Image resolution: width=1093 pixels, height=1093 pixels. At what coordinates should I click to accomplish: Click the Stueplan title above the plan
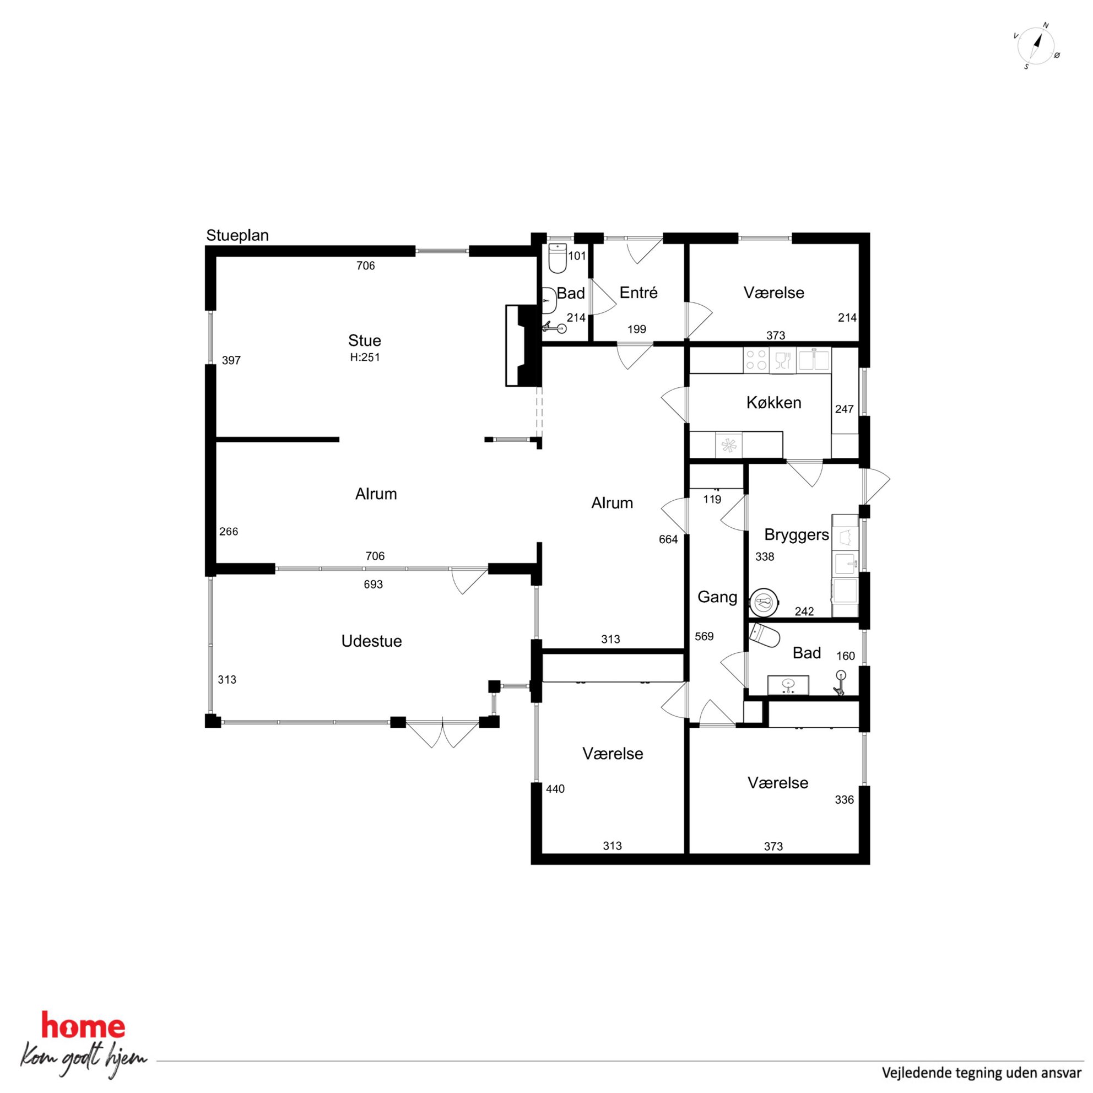tap(237, 235)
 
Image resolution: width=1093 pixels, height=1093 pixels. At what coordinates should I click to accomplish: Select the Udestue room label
tap(372, 641)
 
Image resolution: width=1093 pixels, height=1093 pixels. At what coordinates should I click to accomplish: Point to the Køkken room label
tap(774, 403)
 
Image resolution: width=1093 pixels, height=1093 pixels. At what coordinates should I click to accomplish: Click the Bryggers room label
tap(797, 535)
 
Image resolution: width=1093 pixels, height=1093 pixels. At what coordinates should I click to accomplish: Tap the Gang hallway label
tap(717, 597)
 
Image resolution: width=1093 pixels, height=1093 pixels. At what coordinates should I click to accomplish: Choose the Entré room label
tap(639, 293)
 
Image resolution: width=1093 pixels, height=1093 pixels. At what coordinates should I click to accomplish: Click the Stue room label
tap(364, 340)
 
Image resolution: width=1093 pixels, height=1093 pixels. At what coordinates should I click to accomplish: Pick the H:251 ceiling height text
tap(365, 358)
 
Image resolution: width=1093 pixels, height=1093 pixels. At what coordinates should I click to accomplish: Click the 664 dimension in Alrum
tap(668, 540)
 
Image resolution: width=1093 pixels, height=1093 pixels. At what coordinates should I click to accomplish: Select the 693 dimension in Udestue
tap(374, 585)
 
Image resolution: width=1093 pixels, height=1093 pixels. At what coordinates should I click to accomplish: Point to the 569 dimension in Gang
tap(705, 636)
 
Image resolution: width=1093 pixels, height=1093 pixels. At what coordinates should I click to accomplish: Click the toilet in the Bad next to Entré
tap(558, 257)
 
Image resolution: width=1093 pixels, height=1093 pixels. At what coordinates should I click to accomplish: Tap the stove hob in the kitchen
tap(756, 360)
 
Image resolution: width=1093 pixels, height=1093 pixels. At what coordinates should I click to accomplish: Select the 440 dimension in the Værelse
tap(555, 789)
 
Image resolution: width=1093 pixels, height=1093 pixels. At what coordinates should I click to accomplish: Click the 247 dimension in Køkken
tap(844, 409)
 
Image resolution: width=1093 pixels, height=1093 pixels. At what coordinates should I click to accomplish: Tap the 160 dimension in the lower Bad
tap(846, 656)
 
